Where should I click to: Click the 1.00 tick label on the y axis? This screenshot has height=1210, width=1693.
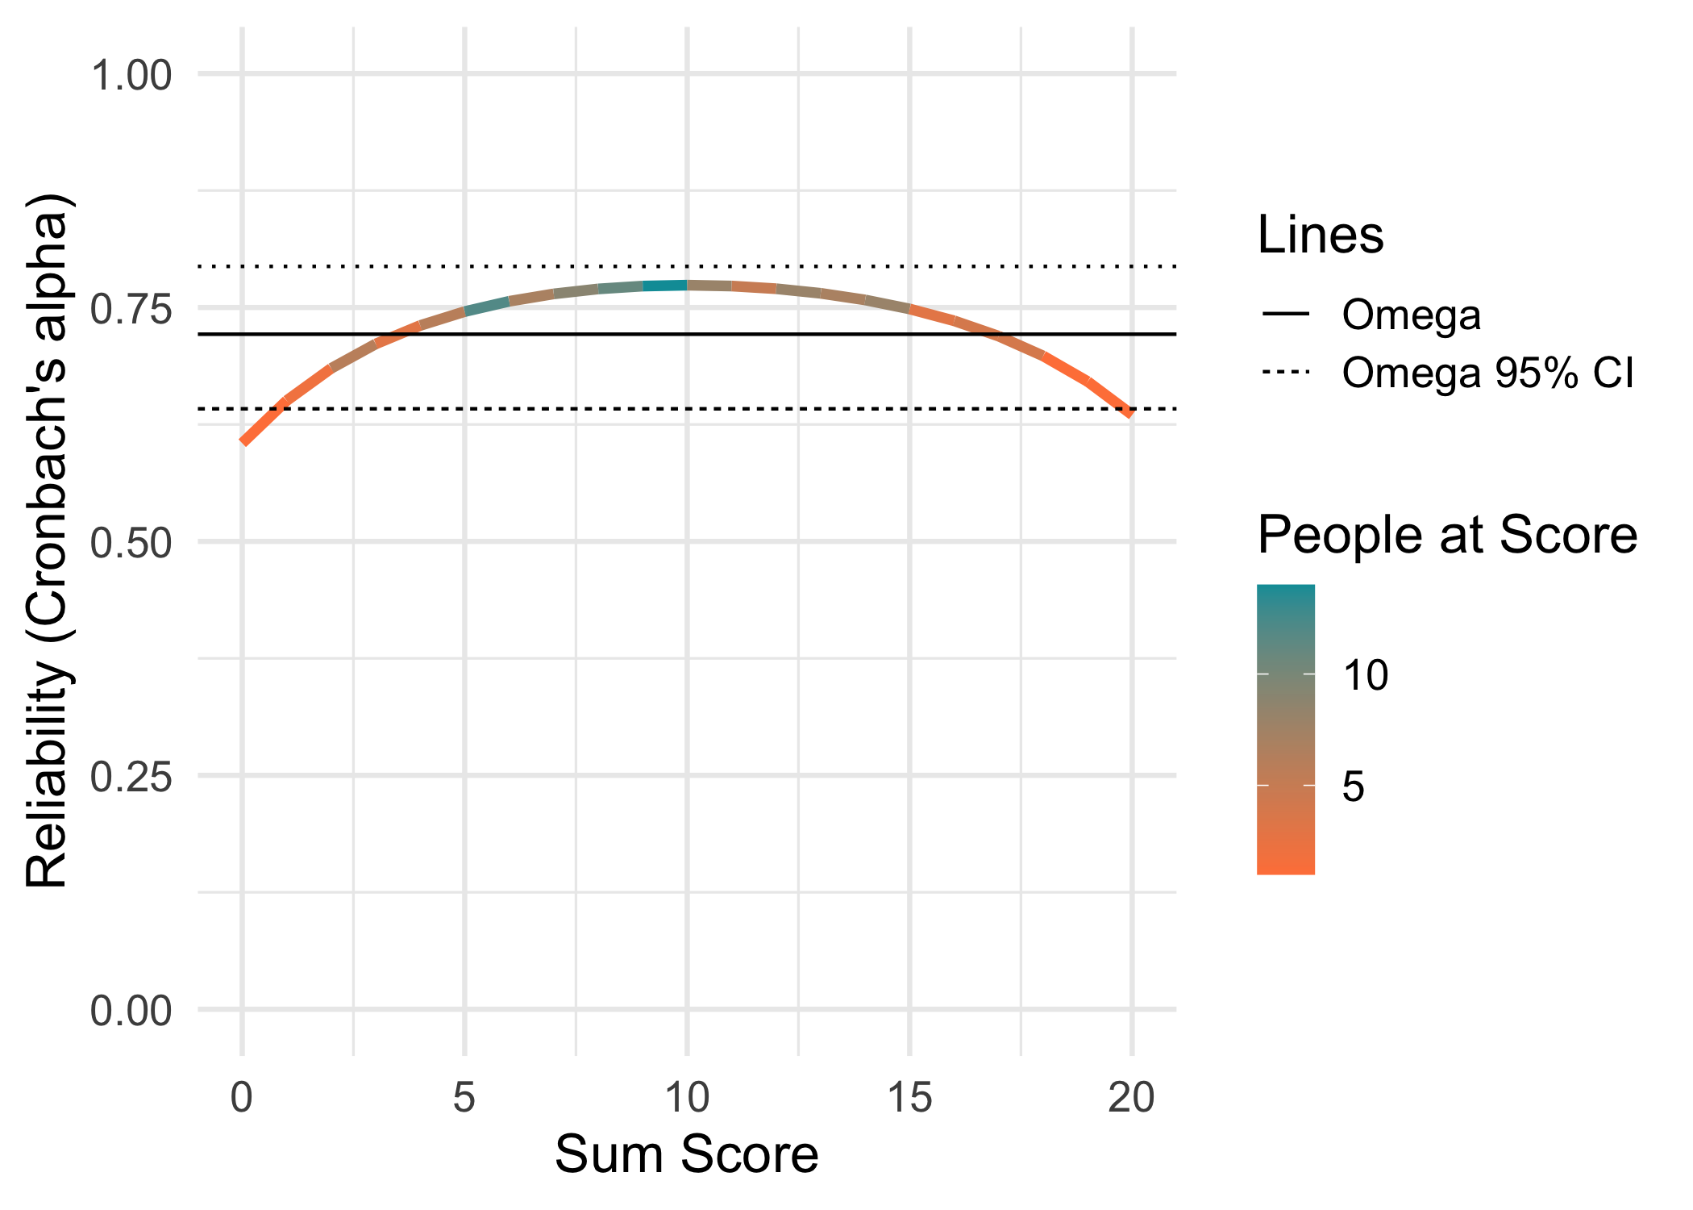point(131,77)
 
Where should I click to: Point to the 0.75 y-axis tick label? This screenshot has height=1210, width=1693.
point(131,310)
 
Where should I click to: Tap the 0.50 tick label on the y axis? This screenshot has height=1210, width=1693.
point(131,543)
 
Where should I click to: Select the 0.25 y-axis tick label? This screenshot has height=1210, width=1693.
point(131,777)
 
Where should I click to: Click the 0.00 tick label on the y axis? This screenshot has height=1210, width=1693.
point(131,1011)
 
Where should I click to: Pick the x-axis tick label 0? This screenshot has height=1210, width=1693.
point(241,1098)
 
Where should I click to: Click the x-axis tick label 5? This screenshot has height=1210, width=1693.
point(464,1098)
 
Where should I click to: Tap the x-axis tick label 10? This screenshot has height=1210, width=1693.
point(687,1098)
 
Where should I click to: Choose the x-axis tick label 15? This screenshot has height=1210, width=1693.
point(909,1098)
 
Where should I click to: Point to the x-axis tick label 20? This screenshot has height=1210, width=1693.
point(1132,1098)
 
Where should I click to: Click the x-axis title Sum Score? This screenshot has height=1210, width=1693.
point(686,1154)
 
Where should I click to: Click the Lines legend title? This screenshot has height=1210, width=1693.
point(1320,236)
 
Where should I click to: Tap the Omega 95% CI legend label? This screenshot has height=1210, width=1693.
point(1487,373)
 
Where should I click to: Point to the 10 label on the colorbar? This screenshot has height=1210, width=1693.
point(1365,675)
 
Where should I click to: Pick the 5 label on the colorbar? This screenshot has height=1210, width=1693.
point(1354,786)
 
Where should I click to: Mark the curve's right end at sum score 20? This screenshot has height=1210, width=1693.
point(1131,413)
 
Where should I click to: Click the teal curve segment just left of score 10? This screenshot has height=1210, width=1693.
point(665,286)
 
